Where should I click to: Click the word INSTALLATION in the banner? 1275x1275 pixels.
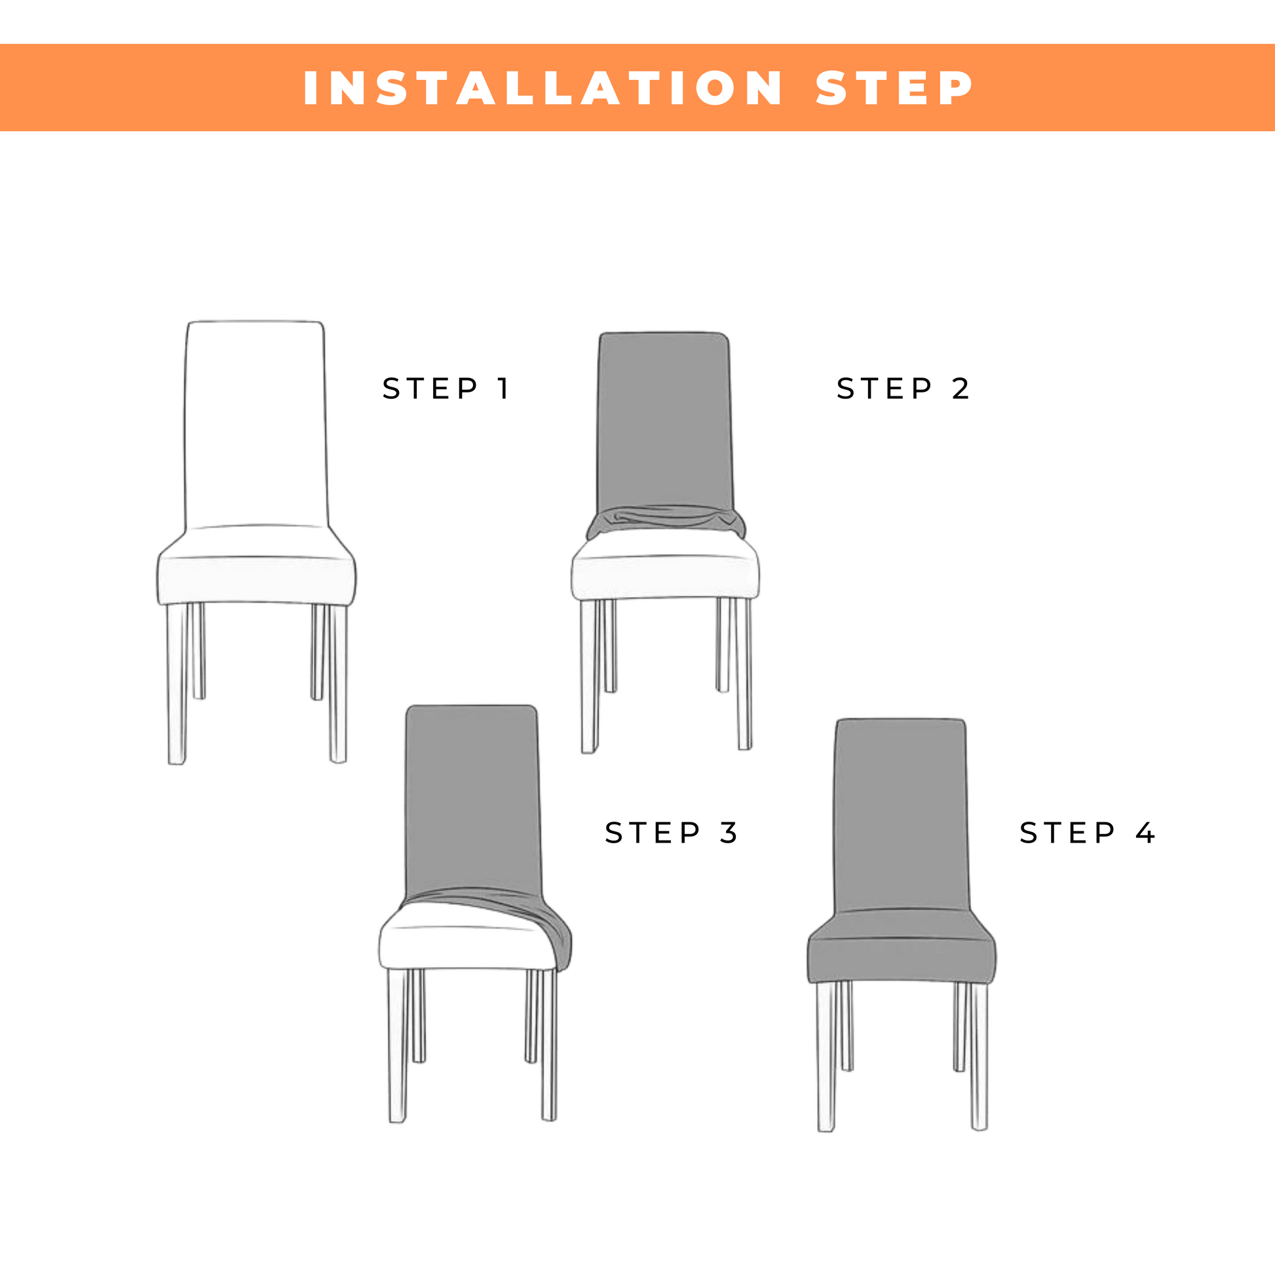(542, 88)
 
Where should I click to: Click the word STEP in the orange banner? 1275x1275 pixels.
(894, 88)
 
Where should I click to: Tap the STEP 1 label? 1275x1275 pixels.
(446, 389)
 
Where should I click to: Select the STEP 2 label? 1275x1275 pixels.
(902, 389)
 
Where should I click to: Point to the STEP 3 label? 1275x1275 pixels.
(671, 833)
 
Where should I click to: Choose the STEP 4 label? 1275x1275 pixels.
(1087, 833)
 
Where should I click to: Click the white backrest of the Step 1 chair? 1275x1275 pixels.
(256, 426)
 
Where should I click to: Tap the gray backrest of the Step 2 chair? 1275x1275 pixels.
(664, 423)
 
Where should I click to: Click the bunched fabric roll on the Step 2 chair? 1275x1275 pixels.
(666, 522)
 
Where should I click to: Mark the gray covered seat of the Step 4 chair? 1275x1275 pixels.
(902, 948)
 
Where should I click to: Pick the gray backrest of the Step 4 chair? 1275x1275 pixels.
(901, 816)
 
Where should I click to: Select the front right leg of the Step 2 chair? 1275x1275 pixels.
(744, 674)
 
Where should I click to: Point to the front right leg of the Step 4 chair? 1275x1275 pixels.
(980, 1057)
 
